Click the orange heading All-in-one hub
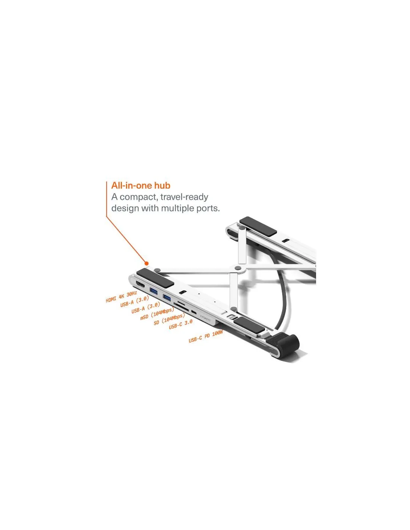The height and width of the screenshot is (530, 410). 141,186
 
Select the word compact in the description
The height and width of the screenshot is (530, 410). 138,197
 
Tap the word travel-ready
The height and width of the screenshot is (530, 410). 184,197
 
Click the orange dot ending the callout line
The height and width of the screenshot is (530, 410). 146,263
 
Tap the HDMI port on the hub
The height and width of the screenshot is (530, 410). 141,285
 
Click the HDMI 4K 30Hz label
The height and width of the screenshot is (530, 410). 121,296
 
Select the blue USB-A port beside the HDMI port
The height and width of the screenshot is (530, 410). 154,291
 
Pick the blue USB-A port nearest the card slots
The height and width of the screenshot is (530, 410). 167,297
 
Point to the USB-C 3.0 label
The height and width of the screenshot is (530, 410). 180,324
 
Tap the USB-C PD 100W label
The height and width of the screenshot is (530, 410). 206,336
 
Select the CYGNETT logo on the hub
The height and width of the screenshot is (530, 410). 205,318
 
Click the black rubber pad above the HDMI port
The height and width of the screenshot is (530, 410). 155,278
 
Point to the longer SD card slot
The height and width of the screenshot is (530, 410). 181,308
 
